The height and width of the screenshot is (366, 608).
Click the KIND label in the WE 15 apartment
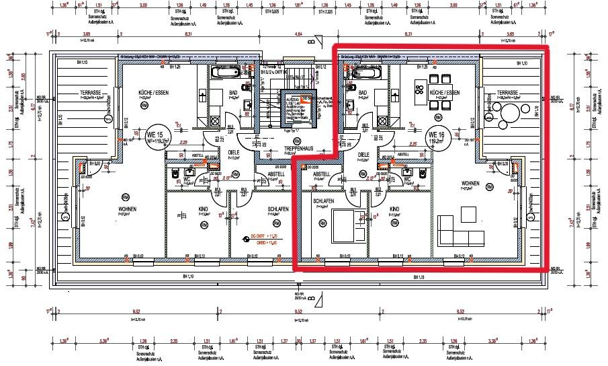[x=203, y=209]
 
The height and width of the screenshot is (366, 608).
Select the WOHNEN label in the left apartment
[x=127, y=209]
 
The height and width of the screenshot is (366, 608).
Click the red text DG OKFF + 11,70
[x=265, y=237]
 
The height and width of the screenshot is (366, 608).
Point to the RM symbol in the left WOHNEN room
[x=126, y=196]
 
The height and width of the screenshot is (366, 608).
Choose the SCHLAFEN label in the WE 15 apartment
[x=277, y=209]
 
